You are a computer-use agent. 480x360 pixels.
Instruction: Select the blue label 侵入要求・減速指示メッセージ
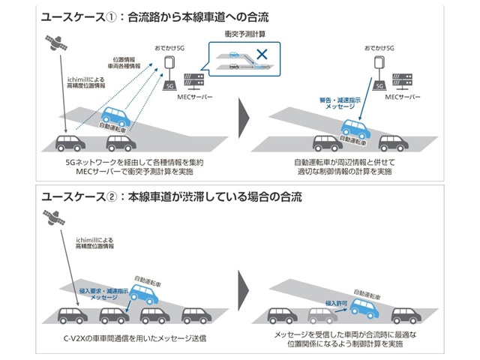(x=100, y=293)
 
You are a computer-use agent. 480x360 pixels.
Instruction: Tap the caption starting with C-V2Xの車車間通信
(x=135, y=339)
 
